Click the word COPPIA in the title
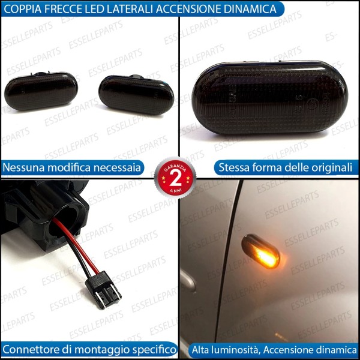[x=24, y=9]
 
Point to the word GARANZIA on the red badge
[x=176, y=166]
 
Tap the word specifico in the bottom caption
[x=154, y=349]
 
